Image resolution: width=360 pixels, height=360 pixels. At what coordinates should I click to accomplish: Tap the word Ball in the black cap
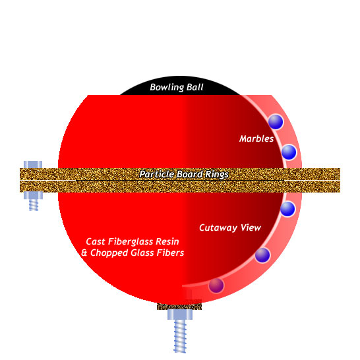[x=195, y=87]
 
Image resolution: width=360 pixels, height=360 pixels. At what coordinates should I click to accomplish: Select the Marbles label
[x=256, y=138]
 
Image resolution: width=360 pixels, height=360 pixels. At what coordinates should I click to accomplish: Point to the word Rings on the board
[x=217, y=175]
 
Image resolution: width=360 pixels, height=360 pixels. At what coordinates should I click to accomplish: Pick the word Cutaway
[x=218, y=227]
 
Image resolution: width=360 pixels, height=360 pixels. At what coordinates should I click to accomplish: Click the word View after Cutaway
[x=251, y=227]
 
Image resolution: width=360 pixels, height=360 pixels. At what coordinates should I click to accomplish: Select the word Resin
[x=167, y=241]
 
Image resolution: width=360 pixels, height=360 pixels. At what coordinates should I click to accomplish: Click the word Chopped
[x=109, y=253]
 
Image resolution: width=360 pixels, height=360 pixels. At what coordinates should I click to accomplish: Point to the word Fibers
[x=170, y=253]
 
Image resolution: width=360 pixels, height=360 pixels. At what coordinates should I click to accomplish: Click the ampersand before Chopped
[x=84, y=253]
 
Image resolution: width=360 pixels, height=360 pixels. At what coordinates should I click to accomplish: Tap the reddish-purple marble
[x=216, y=285]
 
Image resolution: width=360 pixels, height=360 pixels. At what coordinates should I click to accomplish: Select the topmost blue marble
[x=276, y=122]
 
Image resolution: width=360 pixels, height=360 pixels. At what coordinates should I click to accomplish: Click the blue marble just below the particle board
[x=287, y=209]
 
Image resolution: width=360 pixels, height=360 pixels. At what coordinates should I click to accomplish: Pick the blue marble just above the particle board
[x=289, y=152]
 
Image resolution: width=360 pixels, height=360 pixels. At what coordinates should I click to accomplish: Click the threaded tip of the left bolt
[x=34, y=205]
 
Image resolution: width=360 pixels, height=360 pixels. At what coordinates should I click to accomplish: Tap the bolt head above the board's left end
[x=33, y=165]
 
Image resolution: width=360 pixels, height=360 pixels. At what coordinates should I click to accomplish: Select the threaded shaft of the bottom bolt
[x=180, y=336]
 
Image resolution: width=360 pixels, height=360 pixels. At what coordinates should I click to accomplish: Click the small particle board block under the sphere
[x=179, y=307]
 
